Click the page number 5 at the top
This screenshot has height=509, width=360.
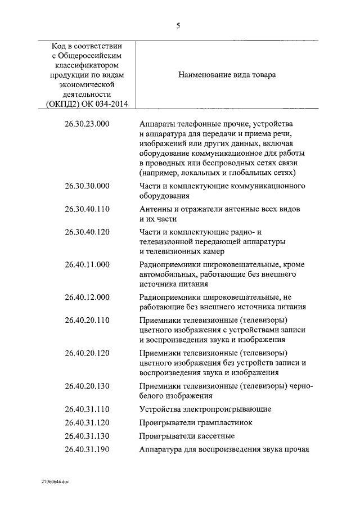[178, 24]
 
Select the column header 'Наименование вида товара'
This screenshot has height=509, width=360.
[227, 74]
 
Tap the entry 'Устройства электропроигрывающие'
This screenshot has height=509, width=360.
[205, 408]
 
